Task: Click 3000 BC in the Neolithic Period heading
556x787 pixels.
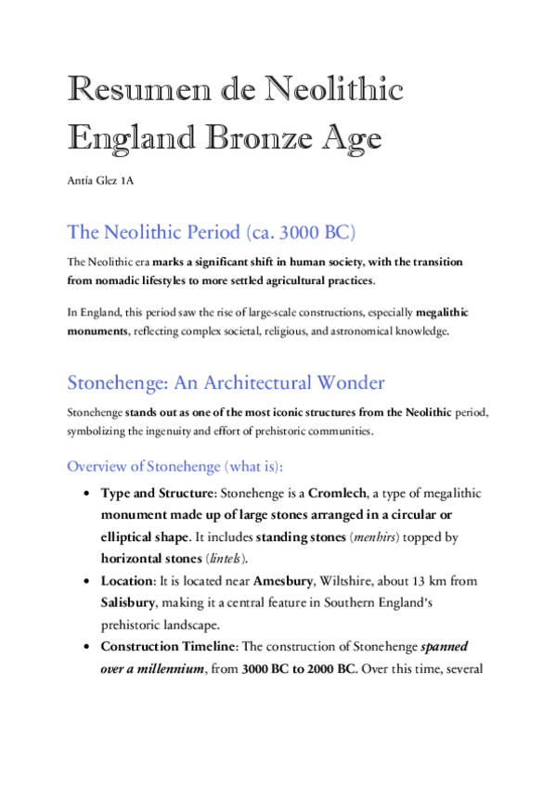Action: click(x=312, y=232)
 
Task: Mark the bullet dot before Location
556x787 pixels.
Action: click(x=86, y=580)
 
